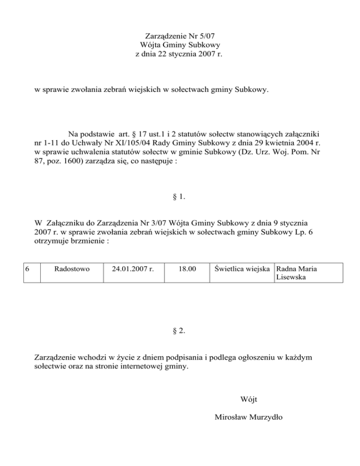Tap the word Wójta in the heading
point(150,45)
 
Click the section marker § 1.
point(179,197)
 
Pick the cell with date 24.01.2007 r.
point(134,270)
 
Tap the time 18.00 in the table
point(187,270)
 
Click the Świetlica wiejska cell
point(241,269)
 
